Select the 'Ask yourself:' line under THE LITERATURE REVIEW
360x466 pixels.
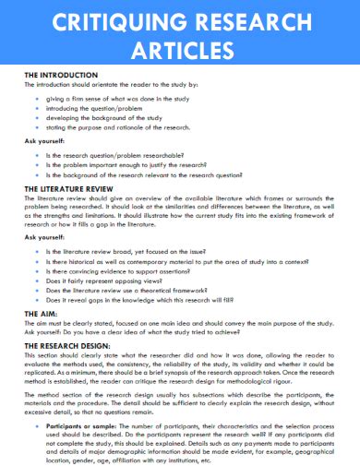42,236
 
